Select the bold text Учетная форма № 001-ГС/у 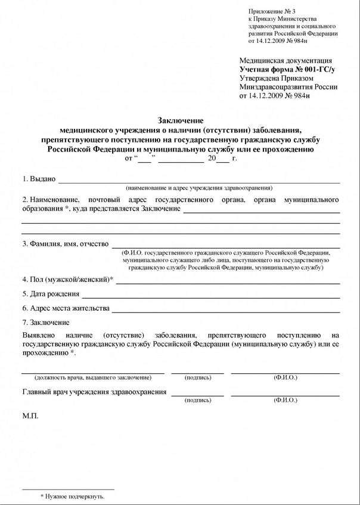287,70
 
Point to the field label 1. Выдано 39,179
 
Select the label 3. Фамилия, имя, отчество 65,244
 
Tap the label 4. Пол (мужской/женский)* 67,279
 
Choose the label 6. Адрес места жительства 66,308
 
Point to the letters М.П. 30,416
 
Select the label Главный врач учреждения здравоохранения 95,392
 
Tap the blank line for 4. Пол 228,282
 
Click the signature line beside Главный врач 197,395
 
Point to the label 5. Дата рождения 51,293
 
